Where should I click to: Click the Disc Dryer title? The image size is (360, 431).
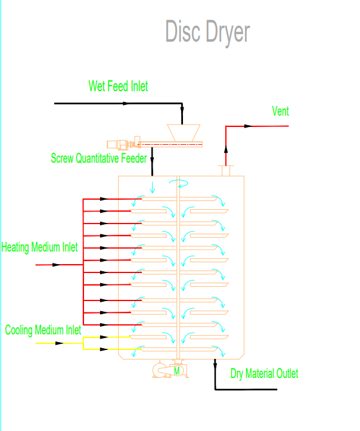pyautogui.click(x=207, y=32)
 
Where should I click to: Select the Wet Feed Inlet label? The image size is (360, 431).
pyautogui.click(x=118, y=86)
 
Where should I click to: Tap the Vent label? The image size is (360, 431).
pyautogui.click(x=280, y=111)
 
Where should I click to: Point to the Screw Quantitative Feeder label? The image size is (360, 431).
pyautogui.click(x=98, y=159)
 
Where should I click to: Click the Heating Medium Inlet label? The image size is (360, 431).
pyautogui.click(x=39, y=247)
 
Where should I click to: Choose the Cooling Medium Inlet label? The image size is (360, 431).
pyautogui.click(x=44, y=330)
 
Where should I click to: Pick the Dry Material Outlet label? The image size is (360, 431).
pyautogui.click(x=265, y=374)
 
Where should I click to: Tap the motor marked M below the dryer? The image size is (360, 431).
pyautogui.click(x=177, y=371)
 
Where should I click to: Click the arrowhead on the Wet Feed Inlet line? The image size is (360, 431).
pyautogui.click(x=125, y=103)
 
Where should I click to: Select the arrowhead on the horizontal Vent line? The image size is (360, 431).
pyautogui.click(x=249, y=126)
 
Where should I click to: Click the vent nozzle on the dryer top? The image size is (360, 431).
pyautogui.click(x=226, y=171)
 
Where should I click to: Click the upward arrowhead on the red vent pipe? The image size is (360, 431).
pyautogui.click(x=225, y=151)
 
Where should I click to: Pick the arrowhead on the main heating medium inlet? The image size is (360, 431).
pyautogui.click(x=57, y=264)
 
